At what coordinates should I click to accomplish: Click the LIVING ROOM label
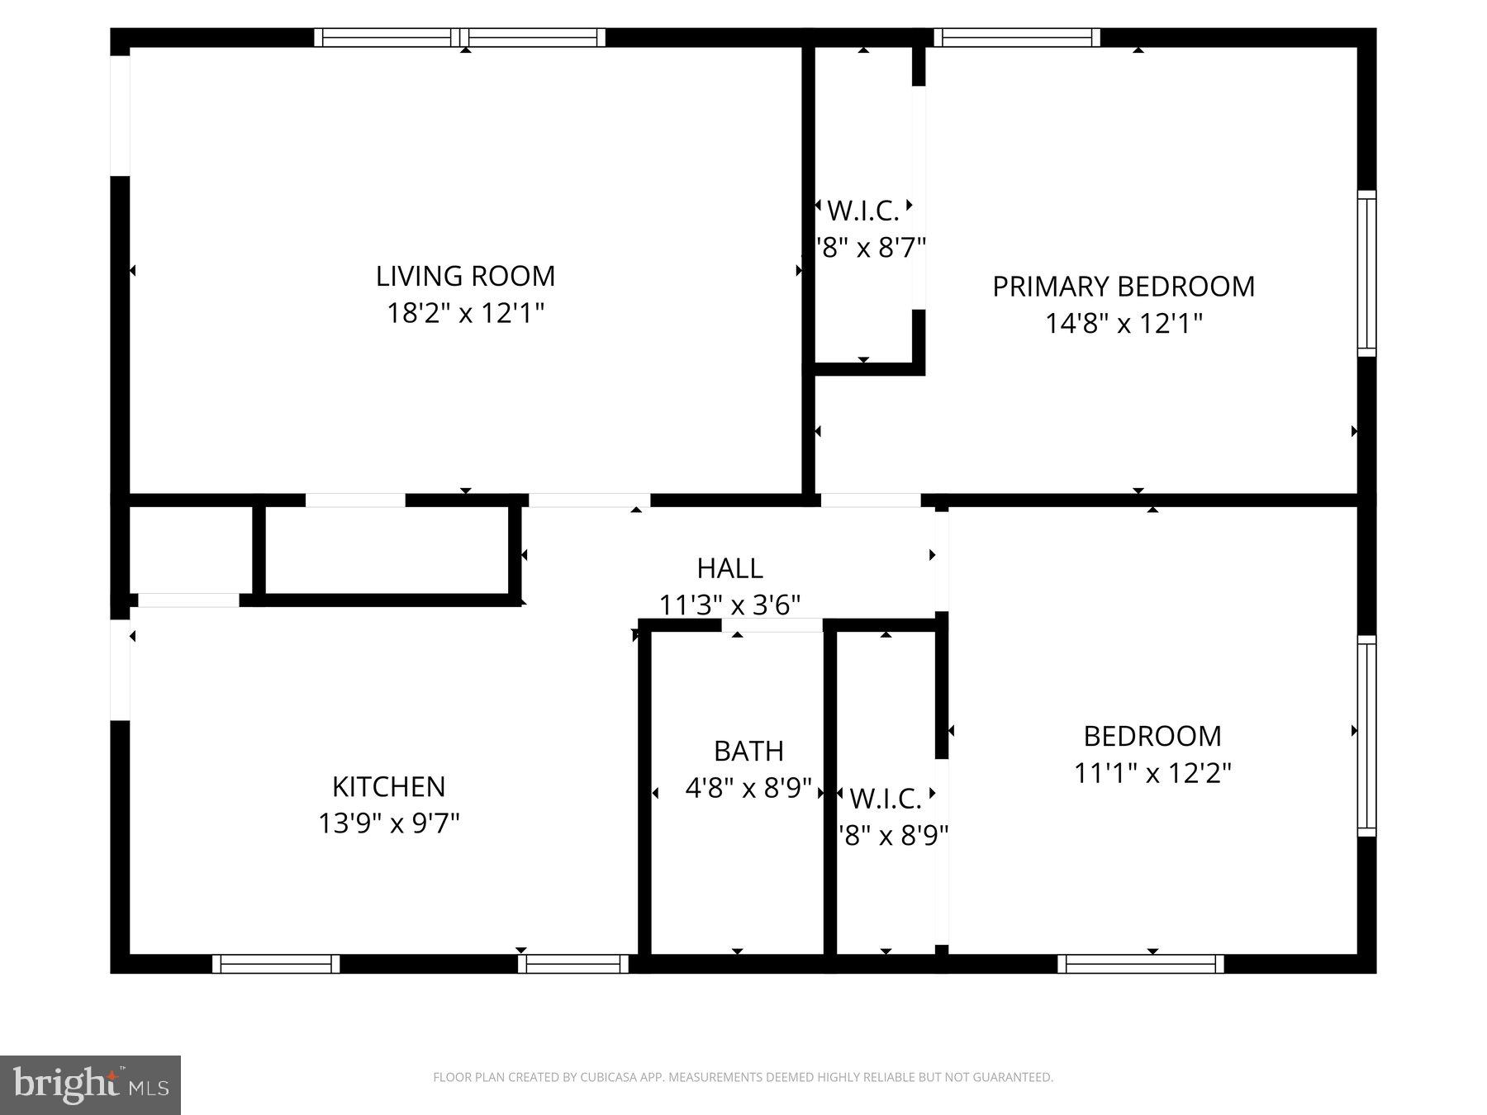[465, 276]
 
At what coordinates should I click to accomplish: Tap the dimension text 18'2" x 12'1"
[465, 314]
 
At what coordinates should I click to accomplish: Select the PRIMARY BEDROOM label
[1123, 287]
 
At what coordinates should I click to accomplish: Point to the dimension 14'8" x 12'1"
[1123, 323]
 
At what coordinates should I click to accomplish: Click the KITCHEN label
[388, 786]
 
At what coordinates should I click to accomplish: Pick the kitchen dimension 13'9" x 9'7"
[388, 823]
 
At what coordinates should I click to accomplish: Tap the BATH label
[748, 751]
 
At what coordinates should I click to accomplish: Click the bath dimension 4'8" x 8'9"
[748, 788]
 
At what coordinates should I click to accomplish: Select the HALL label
[729, 568]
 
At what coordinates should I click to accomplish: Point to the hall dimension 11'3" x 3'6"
[729, 605]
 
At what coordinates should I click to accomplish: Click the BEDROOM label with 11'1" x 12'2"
[1152, 736]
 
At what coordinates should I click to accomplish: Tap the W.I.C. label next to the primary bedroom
[863, 211]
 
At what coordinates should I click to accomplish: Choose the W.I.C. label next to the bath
[886, 799]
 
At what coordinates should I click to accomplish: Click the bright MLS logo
[90, 1084]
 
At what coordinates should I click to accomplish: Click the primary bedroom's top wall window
[1017, 37]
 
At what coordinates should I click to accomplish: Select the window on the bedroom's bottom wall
[1140, 964]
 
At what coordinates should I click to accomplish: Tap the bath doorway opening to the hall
[772, 624]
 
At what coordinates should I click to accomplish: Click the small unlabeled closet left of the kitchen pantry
[191, 549]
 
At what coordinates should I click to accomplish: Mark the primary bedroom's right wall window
[1367, 274]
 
